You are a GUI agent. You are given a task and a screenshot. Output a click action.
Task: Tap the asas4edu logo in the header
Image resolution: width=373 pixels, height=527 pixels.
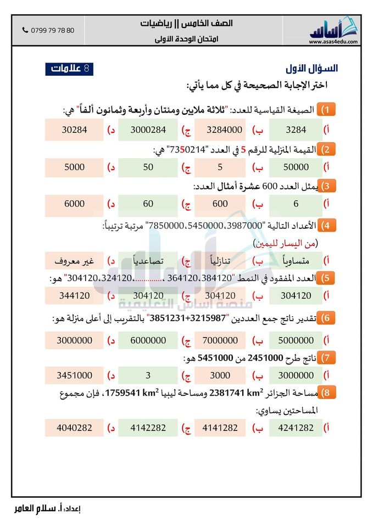[x=333, y=31]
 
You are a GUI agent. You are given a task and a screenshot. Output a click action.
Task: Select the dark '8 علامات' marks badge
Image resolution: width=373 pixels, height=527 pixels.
[x=69, y=69]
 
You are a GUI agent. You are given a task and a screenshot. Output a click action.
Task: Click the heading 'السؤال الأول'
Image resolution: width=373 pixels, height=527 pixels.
[x=311, y=69]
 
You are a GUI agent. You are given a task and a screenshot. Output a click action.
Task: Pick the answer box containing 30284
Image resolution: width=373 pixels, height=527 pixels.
[x=75, y=130]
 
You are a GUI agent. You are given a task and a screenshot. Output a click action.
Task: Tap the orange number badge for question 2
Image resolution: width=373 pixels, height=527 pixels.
[x=327, y=149]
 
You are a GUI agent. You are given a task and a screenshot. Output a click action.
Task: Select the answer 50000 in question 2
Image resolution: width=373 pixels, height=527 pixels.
[x=297, y=167]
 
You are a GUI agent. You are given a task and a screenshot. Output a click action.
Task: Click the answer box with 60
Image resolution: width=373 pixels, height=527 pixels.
[x=148, y=204]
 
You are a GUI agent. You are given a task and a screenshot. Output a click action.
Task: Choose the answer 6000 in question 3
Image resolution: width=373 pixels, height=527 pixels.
[x=75, y=204]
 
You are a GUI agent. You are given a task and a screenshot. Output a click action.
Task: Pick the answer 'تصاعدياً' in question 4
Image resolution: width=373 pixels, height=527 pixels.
[x=148, y=260]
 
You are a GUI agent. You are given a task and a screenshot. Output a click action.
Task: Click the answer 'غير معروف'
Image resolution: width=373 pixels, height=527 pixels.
[x=75, y=260]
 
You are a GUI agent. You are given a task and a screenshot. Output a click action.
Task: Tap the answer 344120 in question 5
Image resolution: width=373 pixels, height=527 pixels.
[x=75, y=295]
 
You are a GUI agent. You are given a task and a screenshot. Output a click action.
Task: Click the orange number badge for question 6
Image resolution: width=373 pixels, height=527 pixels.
[x=327, y=318]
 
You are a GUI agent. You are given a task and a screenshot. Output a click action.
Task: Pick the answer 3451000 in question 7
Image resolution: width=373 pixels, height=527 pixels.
[x=75, y=375]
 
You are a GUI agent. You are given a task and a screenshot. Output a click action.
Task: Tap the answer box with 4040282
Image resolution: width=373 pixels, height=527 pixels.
[x=75, y=427]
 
